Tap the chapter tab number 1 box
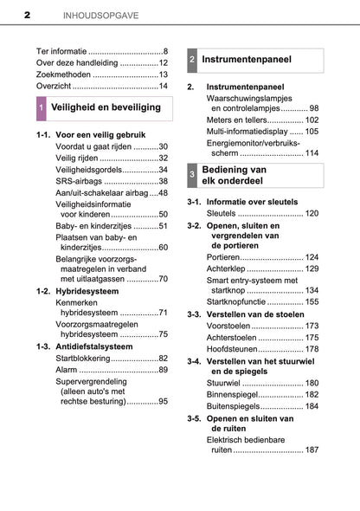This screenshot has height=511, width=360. [x=42, y=108]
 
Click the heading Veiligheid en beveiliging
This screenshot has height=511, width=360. [x=106, y=107]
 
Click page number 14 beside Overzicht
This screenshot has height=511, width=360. [x=163, y=86]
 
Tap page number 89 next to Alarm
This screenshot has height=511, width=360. [x=163, y=370]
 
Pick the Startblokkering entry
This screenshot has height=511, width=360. [x=82, y=358]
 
